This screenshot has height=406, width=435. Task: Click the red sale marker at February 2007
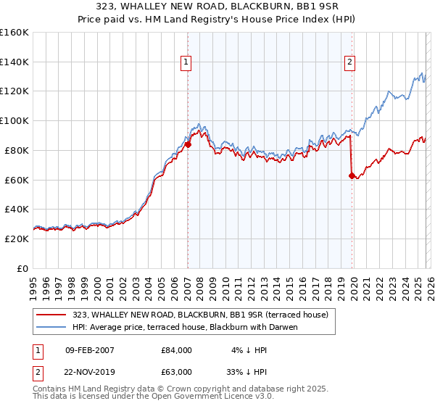(x=188, y=144)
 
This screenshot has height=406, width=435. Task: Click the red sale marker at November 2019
(x=352, y=175)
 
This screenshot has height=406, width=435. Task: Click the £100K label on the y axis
(x=14, y=120)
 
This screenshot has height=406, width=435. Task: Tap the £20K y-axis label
(x=16, y=239)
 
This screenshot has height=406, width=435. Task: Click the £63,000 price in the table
(x=176, y=372)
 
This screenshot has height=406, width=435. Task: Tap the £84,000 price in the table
(x=176, y=350)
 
